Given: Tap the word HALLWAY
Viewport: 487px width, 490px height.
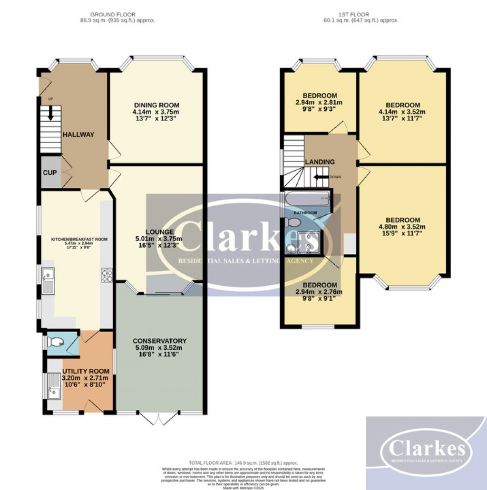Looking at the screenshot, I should click(x=78, y=135).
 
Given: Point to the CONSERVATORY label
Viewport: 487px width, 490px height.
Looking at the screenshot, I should click(x=159, y=341).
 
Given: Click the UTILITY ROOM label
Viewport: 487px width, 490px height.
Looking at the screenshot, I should click(x=86, y=371).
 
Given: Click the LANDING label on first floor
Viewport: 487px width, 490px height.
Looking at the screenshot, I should click(x=320, y=162).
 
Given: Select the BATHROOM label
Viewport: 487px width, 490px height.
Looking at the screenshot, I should click(x=305, y=212).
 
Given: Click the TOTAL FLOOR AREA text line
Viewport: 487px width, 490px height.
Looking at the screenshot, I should click(x=243, y=462).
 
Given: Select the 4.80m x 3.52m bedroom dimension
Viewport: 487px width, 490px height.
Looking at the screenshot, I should click(x=402, y=227).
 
